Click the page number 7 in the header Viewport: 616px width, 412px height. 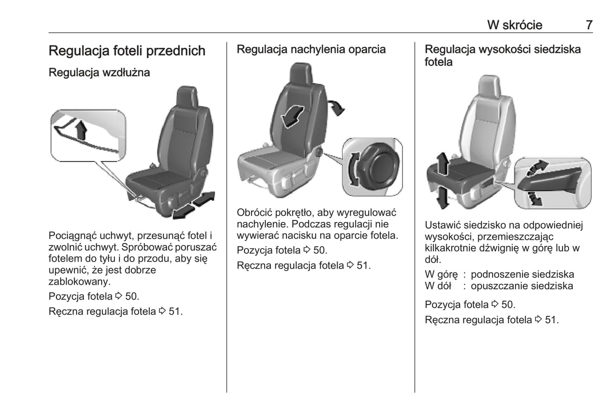pyautogui.click(x=589, y=25)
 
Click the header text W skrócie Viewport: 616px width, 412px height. pyautogui.click(x=515, y=25)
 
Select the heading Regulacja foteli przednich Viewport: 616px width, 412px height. pyautogui.click(x=127, y=51)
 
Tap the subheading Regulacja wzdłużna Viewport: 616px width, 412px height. pyautogui.click(x=99, y=73)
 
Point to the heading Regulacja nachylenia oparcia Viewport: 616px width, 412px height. pyautogui.click(x=311, y=50)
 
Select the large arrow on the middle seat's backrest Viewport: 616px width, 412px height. pyautogui.click(x=292, y=115)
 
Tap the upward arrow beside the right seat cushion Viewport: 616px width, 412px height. pyautogui.click(x=442, y=164)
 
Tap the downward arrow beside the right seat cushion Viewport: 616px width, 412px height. pyautogui.click(x=442, y=197)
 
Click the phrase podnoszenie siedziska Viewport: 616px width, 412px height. pyautogui.click(x=522, y=275)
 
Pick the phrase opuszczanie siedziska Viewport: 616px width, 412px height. pyautogui.click(x=521, y=286)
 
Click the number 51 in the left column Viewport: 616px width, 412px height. pyautogui.click(x=174, y=312)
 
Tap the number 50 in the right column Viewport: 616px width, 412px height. pyautogui.click(x=507, y=305)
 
